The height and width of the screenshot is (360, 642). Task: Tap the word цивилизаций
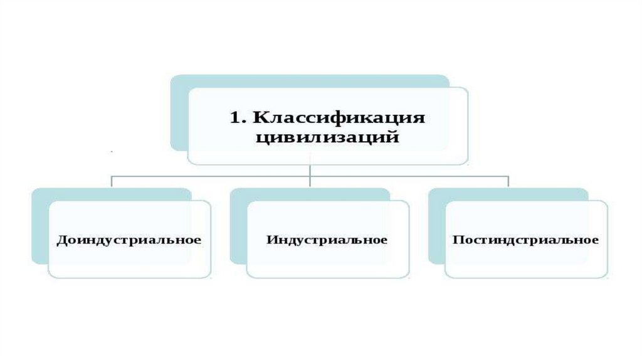(x=327, y=137)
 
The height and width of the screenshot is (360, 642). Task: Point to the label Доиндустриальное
(x=129, y=240)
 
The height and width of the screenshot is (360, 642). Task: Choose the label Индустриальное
(x=327, y=240)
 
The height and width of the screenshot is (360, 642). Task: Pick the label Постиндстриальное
(x=525, y=240)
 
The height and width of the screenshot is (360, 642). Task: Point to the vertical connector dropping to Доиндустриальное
(x=112, y=182)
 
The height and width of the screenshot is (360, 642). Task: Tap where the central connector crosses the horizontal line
(x=310, y=176)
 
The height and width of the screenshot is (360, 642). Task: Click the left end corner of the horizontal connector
(x=112, y=176)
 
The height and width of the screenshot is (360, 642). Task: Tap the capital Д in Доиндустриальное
(x=61, y=241)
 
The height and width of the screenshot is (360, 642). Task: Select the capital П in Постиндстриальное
(x=457, y=240)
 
